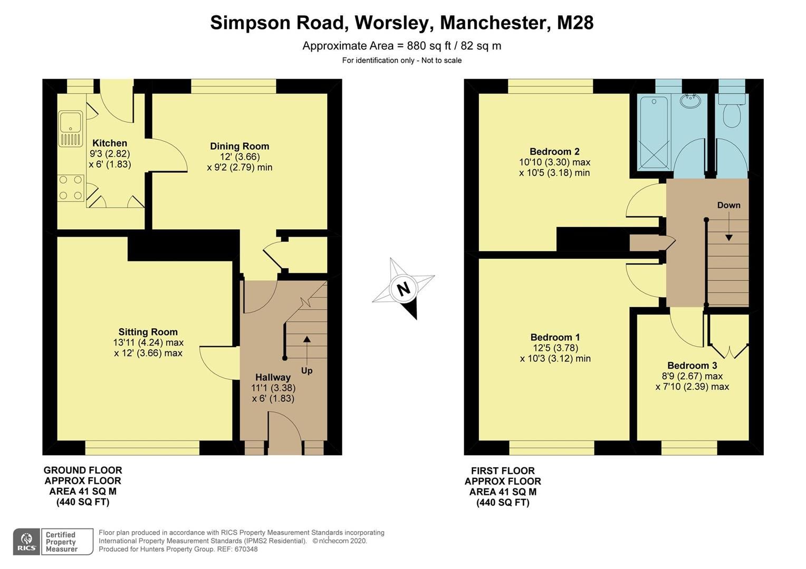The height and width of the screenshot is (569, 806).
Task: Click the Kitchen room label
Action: pyautogui.click(x=110, y=143)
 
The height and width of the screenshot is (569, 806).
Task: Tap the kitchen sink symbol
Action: pyautogui.click(x=70, y=128)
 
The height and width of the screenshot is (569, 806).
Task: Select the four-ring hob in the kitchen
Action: pyautogui.click(x=71, y=188)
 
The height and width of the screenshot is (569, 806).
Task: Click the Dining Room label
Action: pyautogui.click(x=239, y=146)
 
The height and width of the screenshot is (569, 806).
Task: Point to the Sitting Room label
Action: pyautogui.click(x=148, y=332)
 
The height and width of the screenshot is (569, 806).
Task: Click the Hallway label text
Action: pyautogui.click(x=273, y=377)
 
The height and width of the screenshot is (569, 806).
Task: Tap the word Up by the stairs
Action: pyautogui.click(x=306, y=371)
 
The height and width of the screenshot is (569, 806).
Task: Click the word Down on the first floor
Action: pyautogui.click(x=728, y=205)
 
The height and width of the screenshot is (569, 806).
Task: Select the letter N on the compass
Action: pyautogui.click(x=404, y=289)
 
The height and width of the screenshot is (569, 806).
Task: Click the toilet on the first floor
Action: pyautogui.click(x=732, y=115)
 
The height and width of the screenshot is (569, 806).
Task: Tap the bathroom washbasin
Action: pyautogui.click(x=690, y=101)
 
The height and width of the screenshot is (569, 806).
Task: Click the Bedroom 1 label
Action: pyautogui.click(x=555, y=337)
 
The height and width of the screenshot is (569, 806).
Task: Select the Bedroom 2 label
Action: pyautogui.click(x=554, y=152)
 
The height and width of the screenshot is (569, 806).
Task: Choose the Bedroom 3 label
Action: pyautogui.click(x=692, y=366)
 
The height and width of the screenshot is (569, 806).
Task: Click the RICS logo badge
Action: pyautogui.click(x=26, y=542)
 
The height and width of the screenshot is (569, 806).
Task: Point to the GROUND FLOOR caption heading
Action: pyautogui.click(x=83, y=470)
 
